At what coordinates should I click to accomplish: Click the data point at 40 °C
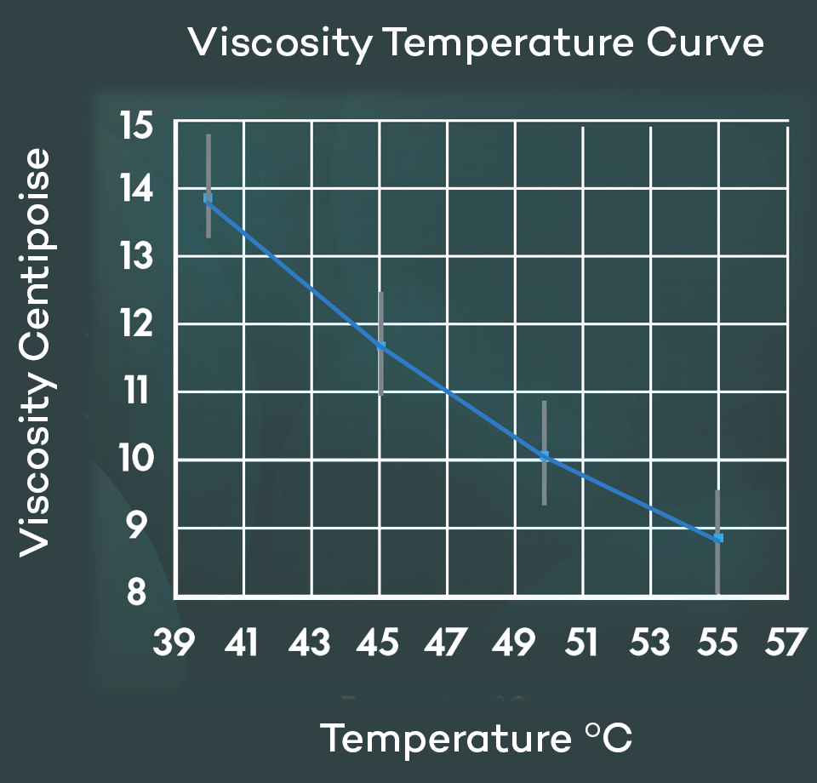click(208, 198)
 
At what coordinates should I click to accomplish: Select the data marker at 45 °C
click(381, 346)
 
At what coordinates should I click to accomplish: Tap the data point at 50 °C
click(544, 456)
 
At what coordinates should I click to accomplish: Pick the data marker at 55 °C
click(718, 538)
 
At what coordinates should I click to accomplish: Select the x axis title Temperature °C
click(477, 737)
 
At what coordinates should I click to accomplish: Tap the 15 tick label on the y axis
click(136, 126)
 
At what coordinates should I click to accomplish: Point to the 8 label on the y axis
click(138, 592)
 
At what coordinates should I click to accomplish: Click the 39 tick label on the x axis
click(174, 643)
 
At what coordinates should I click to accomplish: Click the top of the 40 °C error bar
click(209, 135)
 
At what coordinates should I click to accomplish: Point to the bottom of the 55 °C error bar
click(718, 592)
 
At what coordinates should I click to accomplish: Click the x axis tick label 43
click(309, 643)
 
